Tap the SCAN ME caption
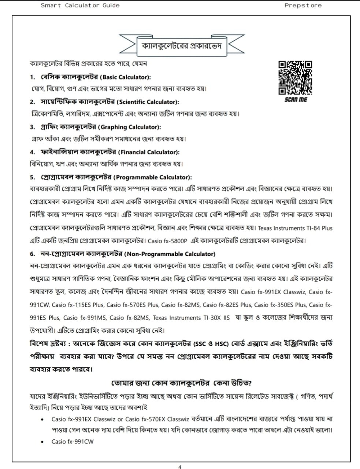click(x=296, y=99)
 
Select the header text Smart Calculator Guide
click(x=80, y=5)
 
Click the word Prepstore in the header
click(x=303, y=5)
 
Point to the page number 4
click(x=179, y=466)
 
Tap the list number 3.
click(x=32, y=127)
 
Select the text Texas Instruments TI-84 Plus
click(x=295, y=228)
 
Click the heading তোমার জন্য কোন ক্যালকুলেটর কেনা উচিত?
click(x=181, y=383)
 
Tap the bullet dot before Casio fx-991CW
click(x=43, y=442)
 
